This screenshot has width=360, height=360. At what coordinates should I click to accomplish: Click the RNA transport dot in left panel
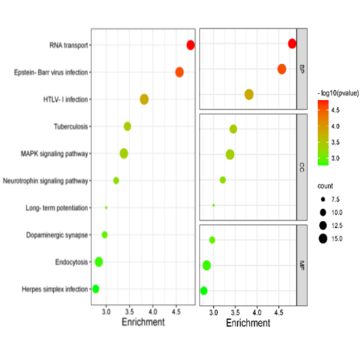(191, 45)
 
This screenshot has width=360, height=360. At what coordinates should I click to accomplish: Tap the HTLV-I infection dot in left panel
(144, 99)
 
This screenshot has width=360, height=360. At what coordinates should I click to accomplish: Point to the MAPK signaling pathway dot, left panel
(124, 153)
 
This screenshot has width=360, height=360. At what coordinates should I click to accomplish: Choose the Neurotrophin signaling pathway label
(46, 181)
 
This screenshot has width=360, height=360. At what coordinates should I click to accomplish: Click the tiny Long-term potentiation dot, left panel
(106, 208)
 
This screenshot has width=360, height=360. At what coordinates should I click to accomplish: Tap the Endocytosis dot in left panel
(99, 261)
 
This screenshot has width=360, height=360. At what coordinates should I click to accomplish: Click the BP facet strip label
(301, 68)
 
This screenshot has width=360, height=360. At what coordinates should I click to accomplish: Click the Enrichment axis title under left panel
(143, 322)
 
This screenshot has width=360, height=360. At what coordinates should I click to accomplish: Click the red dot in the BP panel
(292, 44)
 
